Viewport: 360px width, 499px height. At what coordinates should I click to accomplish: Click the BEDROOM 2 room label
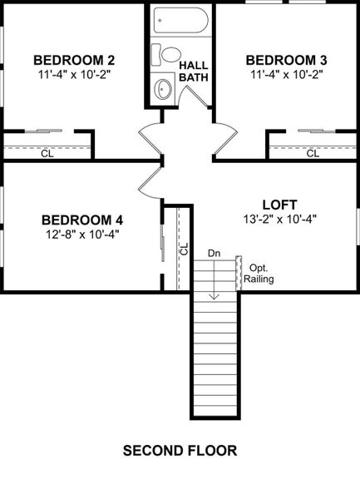[x=73, y=60]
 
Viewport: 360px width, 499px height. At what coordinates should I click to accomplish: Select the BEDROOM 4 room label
[x=81, y=220]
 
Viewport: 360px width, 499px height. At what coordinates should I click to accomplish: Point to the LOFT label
[x=279, y=204]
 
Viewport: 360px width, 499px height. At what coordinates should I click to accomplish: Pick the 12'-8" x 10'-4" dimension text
[x=81, y=234]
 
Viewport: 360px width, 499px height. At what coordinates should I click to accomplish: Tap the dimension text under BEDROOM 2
[x=73, y=74]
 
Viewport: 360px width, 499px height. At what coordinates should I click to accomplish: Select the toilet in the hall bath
[x=171, y=55]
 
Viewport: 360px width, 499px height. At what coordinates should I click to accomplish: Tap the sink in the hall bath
[x=164, y=88]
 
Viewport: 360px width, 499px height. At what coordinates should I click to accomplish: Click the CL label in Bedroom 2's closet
[x=47, y=153]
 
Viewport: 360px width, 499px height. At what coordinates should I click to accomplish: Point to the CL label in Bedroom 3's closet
[x=313, y=153]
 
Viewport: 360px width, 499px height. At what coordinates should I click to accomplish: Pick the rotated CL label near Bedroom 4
[x=185, y=248]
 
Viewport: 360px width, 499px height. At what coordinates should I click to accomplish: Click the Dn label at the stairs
[x=214, y=253]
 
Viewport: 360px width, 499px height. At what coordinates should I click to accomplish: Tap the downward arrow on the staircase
[x=214, y=283]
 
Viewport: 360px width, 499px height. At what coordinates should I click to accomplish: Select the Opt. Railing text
[x=259, y=274]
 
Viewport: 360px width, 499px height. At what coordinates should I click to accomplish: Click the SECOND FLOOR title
[x=180, y=451]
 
